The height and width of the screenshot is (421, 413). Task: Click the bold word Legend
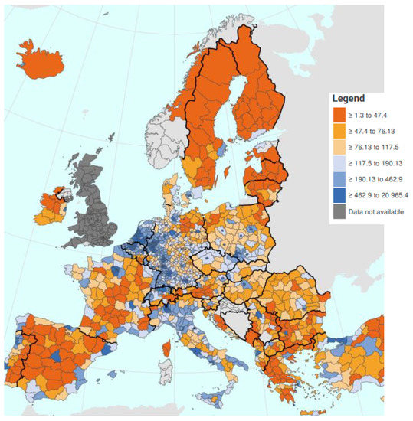click(349, 99)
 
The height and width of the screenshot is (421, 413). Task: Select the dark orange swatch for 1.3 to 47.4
click(339, 115)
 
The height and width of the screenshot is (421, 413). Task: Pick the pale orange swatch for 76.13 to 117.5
click(339, 148)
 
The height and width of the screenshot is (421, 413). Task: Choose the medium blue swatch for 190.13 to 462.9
click(339, 181)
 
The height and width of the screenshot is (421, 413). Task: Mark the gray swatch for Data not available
click(339, 214)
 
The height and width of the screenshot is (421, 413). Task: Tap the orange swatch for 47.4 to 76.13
click(339, 131)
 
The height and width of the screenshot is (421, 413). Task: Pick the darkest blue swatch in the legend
click(339, 197)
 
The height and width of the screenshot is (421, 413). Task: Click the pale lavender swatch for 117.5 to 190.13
click(339, 165)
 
